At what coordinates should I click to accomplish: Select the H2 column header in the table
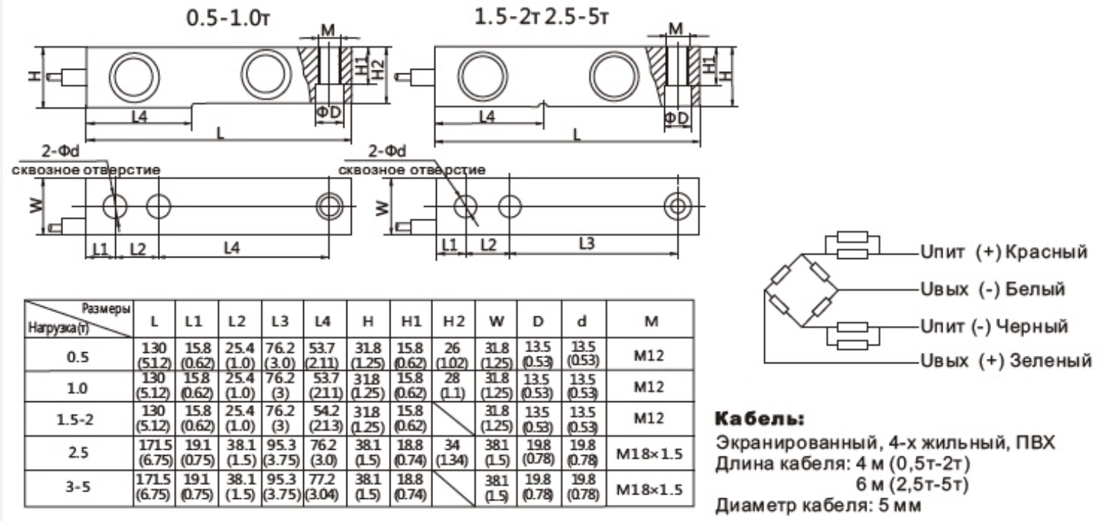click(x=454, y=321)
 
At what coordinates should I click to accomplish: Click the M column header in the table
click(x=650, y=321)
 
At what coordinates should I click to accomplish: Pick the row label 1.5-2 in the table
click(x=79, y=419)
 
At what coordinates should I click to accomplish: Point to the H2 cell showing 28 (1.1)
click(x=454, y=385)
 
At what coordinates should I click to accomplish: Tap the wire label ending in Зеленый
click(x=1004, y=361)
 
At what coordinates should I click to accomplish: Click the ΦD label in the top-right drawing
click(x=675, y=118)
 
